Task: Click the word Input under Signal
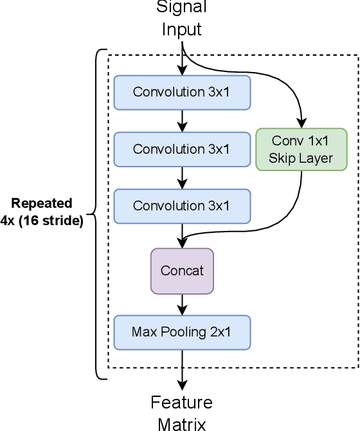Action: [182, 30]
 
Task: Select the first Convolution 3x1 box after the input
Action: [182, 92]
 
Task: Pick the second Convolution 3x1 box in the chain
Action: [182, 149]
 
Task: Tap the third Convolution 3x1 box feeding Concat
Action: [182, 206]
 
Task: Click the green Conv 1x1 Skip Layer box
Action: [301, 149]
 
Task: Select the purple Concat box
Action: [182, 271]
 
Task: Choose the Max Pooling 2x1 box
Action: [182, 332]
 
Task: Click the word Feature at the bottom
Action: [182, 403]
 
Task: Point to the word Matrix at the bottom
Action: [182, 423]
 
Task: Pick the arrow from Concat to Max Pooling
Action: [183, 304]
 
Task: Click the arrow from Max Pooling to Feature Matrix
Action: [183, 370]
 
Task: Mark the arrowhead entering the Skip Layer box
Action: [301, 124]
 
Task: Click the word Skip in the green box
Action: [282, 158]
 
